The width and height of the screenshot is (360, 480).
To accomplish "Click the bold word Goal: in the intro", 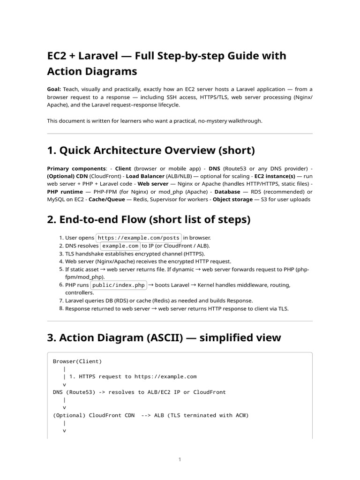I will (x=54, y=89).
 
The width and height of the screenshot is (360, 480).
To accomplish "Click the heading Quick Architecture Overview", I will (x=151, y=150).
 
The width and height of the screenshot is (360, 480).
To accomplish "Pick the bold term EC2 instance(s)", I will (x=275, y=176).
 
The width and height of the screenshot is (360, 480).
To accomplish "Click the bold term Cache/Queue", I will (x=108, y=200).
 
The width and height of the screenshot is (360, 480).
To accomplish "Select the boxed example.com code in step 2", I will (x=120, y=246).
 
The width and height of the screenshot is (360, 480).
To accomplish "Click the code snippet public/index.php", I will (x=119, y=285).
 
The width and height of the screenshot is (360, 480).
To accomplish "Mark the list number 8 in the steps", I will (x=61, y=308).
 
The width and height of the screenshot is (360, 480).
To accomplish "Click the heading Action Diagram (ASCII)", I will (x=164, y=337).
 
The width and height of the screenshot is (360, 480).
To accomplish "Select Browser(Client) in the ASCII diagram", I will (x=77, y=361).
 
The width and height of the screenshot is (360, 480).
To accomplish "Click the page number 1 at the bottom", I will (x=180, y=460).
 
